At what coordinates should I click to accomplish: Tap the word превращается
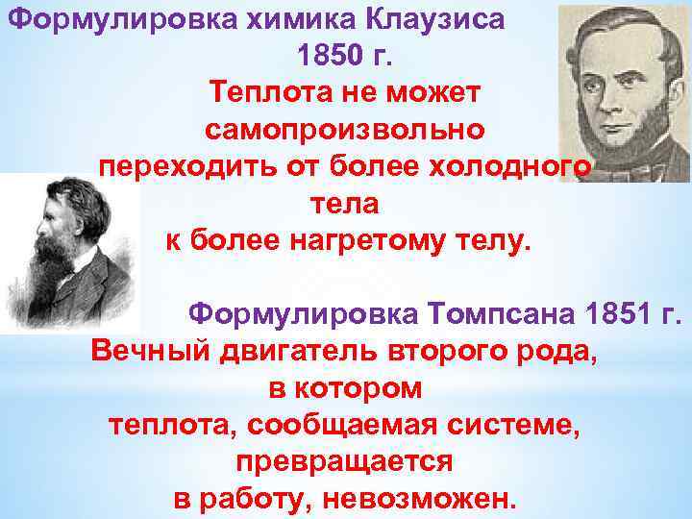click(343, 462)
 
